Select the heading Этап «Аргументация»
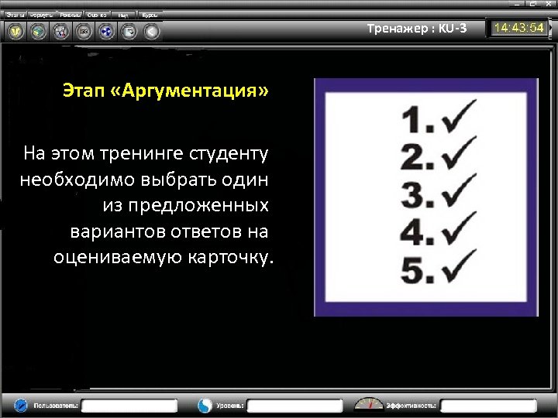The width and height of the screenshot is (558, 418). coord(166,92)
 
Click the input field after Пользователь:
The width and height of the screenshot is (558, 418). coord(131,405)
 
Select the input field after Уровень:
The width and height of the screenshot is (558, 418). coord(295,405)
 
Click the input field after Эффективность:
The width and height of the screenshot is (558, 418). coord(489,405)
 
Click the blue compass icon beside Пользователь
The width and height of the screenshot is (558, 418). coord(21,405)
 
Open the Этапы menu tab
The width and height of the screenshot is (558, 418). coord(15,15)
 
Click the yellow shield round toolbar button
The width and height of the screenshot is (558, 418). coord(16,32)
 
